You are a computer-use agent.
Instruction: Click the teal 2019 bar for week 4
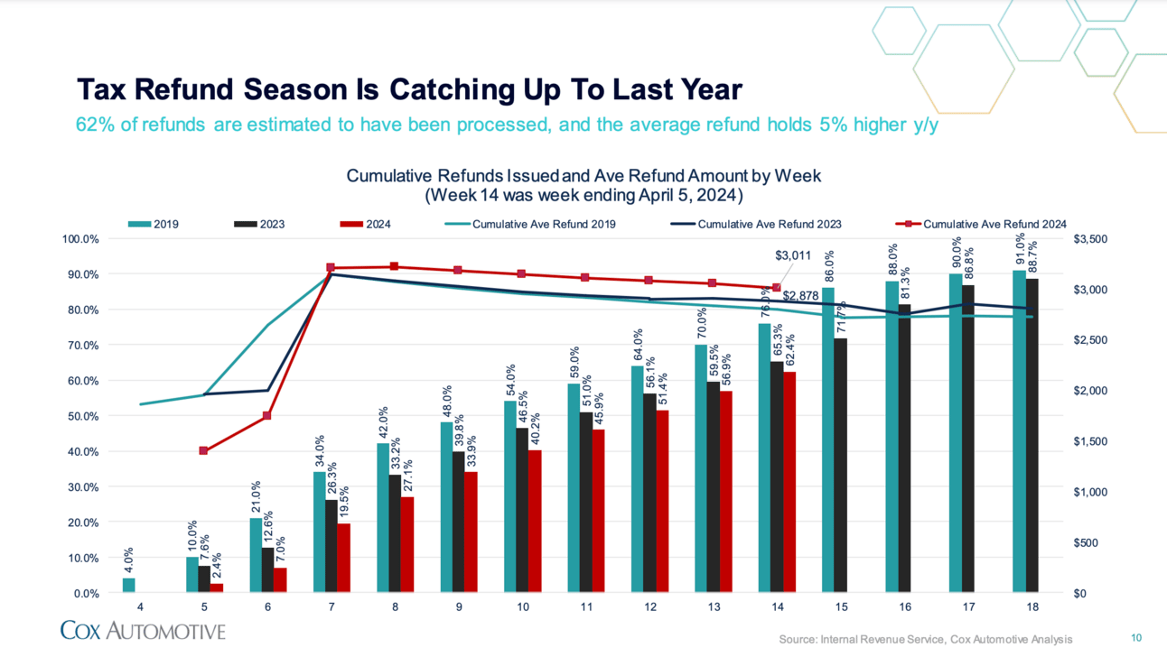coord(128,585)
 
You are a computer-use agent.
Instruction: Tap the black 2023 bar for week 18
coord(1032,435)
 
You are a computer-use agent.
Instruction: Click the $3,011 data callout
coord(793,256)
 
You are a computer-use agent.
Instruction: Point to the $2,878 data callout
coord(800,295)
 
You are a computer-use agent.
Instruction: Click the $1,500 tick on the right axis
coord(1088,441)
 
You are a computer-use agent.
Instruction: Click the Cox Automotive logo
coord(143,630)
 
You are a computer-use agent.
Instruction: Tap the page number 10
coord(1136,637)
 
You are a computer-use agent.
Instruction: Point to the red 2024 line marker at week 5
coord(203,450)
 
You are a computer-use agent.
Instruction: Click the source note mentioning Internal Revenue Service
coord(925,639)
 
